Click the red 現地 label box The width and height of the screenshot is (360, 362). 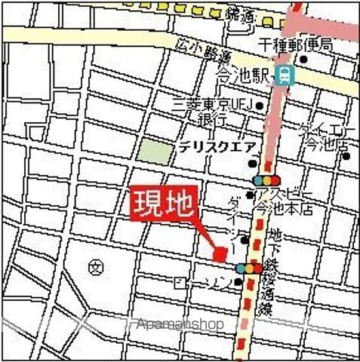[x=165, y=202]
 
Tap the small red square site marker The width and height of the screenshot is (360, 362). [x=220, y=255]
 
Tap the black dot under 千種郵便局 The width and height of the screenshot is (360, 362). [x=303, y=60]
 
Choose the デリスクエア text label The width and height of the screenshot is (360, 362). [x=219, y=148]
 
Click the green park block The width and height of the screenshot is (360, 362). [x=154, y=150]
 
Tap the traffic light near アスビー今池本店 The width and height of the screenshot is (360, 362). [x=267, y=180]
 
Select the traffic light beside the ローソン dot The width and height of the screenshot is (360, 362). [x=249, y=268]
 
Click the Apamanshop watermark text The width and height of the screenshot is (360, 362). [x=181, y=325]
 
